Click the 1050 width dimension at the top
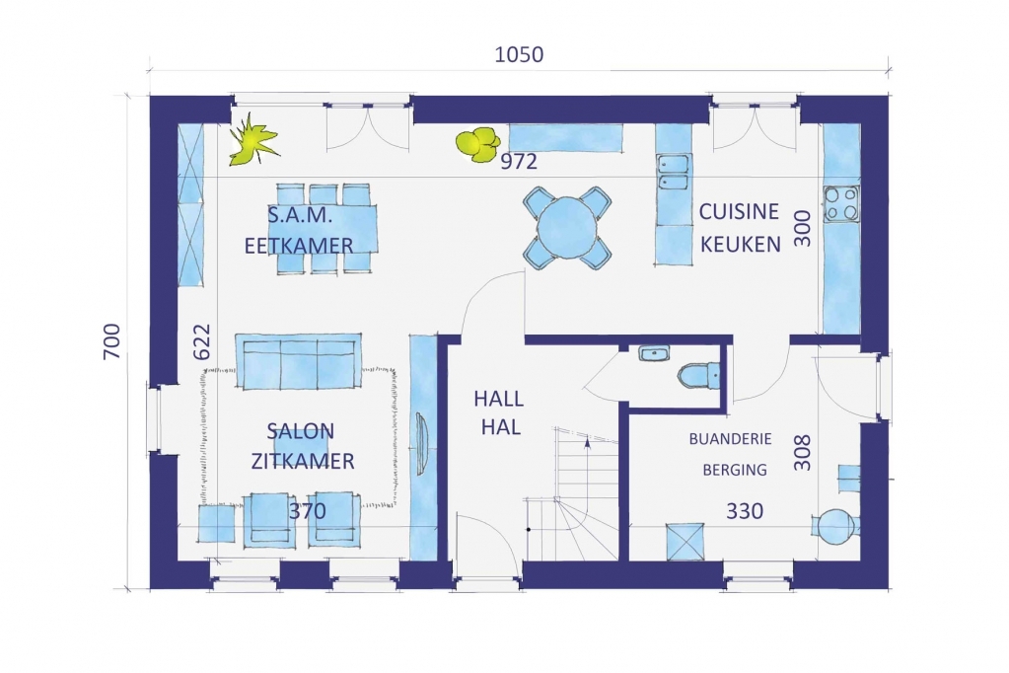coord(519,54)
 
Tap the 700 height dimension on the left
coord(111,341)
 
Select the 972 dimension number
coord(519,161)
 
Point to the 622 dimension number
coord(201,341)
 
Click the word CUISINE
coord(739,211)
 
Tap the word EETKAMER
coord(299,246)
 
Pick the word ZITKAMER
coord(303,461)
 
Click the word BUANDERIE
coord(730,439)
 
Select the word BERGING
coord(735,470)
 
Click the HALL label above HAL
coord(499,400)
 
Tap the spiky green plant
coord(252,139)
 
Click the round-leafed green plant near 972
coord(477,144)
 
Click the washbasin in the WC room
coord(654,353)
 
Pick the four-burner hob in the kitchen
coord(841,203)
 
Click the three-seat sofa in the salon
coord(298,361)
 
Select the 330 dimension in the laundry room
coord(745,511)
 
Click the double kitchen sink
coord(672,174)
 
